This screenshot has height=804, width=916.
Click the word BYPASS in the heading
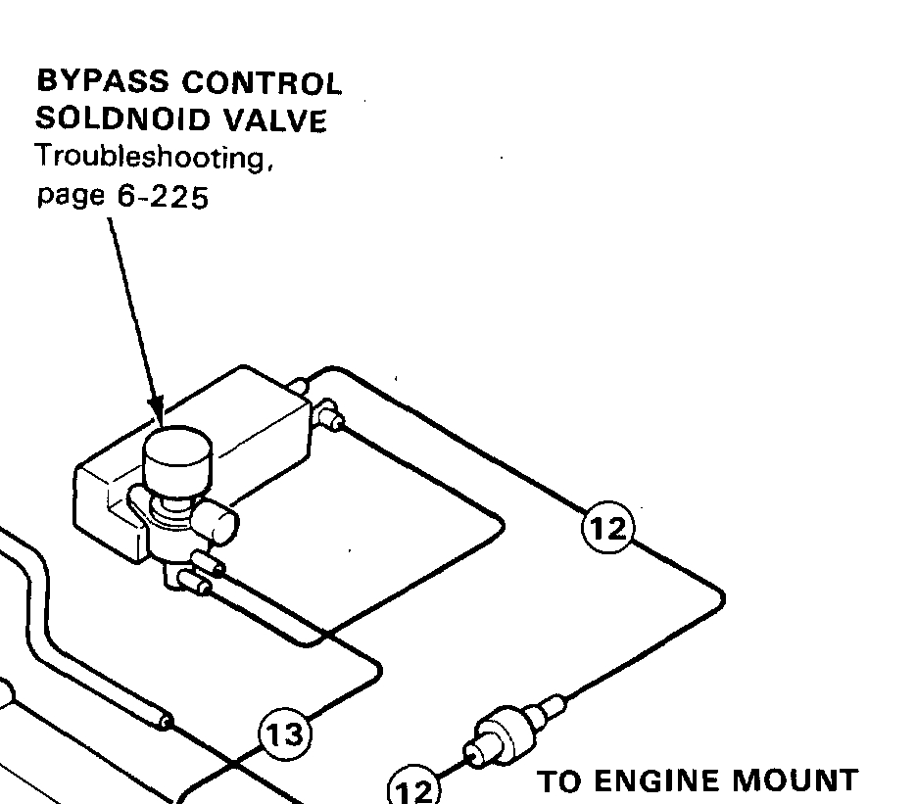click(x=103, y=81)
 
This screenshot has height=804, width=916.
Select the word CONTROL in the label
click(x=262, y=82)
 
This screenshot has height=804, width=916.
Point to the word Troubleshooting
click(x=154, y=158)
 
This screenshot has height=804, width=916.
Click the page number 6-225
click(x=163, y=198)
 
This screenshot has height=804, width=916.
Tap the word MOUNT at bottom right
click(x=795, y=781)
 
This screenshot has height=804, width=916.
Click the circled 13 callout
click(x=284, y=733)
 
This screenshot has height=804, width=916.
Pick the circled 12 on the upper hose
click(x=607, y=527)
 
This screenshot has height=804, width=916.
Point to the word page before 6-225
click(x=71, y=198)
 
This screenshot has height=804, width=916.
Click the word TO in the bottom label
click(x=563, y=781)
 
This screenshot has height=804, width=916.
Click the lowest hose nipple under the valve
click(x=195, y=582)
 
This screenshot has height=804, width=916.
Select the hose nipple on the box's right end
click(x=329, y=416)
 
